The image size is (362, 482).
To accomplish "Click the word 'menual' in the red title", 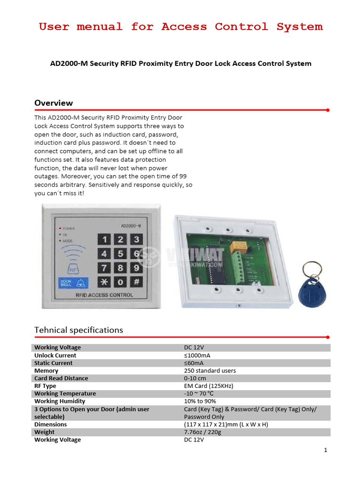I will tap(100, 27).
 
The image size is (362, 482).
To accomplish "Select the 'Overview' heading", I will tap(54, 103).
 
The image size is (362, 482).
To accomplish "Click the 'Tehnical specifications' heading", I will tap(79, 330).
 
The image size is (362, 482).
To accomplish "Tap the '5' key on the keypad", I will tap(121, 254).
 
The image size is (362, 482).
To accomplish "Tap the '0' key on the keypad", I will tap(121, 282).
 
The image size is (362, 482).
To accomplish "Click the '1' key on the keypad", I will tap(105, 240).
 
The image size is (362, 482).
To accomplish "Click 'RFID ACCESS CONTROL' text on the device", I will tap(104, 295).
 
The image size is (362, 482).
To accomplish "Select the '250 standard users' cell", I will tap(210, 371).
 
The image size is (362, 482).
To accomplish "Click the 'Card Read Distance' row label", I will tap(61, 378).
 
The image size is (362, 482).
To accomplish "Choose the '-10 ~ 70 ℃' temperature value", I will tap(199, 394).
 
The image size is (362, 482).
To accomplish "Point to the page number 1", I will tap(325, 450).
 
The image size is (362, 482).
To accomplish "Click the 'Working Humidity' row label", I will tap(60, 402).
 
